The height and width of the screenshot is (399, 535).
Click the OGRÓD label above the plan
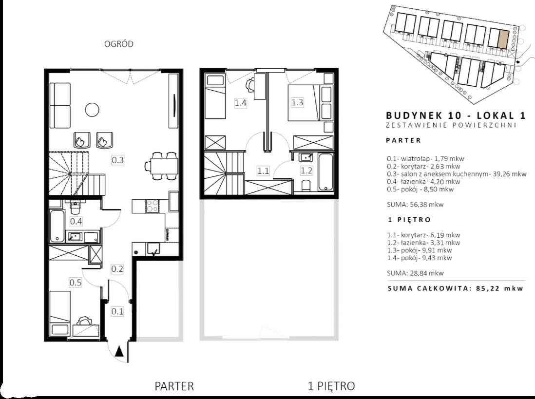click(119, 44)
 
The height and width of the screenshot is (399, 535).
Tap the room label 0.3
click(118, 160)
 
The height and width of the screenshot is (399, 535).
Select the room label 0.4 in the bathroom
click(76, 221)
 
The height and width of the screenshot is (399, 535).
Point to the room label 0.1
click(117, 311)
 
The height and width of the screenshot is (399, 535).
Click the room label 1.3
click(297, 102)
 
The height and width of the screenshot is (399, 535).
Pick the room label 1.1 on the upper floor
click(263, 171)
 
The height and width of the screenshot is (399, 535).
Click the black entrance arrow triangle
click(119, 351)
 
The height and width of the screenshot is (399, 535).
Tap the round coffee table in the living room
click(92, 110)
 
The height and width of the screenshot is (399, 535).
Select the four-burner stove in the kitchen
click(152, 206)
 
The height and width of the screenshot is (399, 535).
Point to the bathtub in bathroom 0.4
click(57, 226)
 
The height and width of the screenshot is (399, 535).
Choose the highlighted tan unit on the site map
click(504, 38)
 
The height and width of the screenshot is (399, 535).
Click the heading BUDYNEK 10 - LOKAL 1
click(456, 115)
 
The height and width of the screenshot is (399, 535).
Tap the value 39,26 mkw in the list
click(510, 174)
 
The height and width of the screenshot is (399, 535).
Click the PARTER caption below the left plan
click(174, 386)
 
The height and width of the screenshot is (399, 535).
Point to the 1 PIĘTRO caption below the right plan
click(331, 386)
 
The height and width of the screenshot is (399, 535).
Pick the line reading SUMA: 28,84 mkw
click(415, 273)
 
